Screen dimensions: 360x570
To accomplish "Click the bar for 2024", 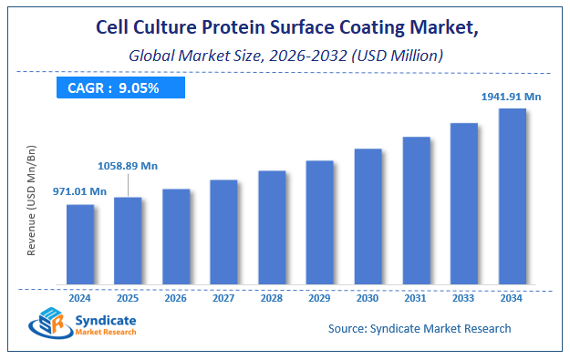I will coord(80,243).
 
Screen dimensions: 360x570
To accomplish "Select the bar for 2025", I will coord(128,240).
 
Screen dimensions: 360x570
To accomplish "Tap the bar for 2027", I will coord(223,231).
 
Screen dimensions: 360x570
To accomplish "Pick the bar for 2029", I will coord(319,221).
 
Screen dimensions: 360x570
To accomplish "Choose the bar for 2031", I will coord(416,210).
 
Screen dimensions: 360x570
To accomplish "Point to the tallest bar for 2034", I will coord(512,196).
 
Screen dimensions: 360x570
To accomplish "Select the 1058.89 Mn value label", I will coord(127,166).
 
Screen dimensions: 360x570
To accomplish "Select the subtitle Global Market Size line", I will coord(285,56).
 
